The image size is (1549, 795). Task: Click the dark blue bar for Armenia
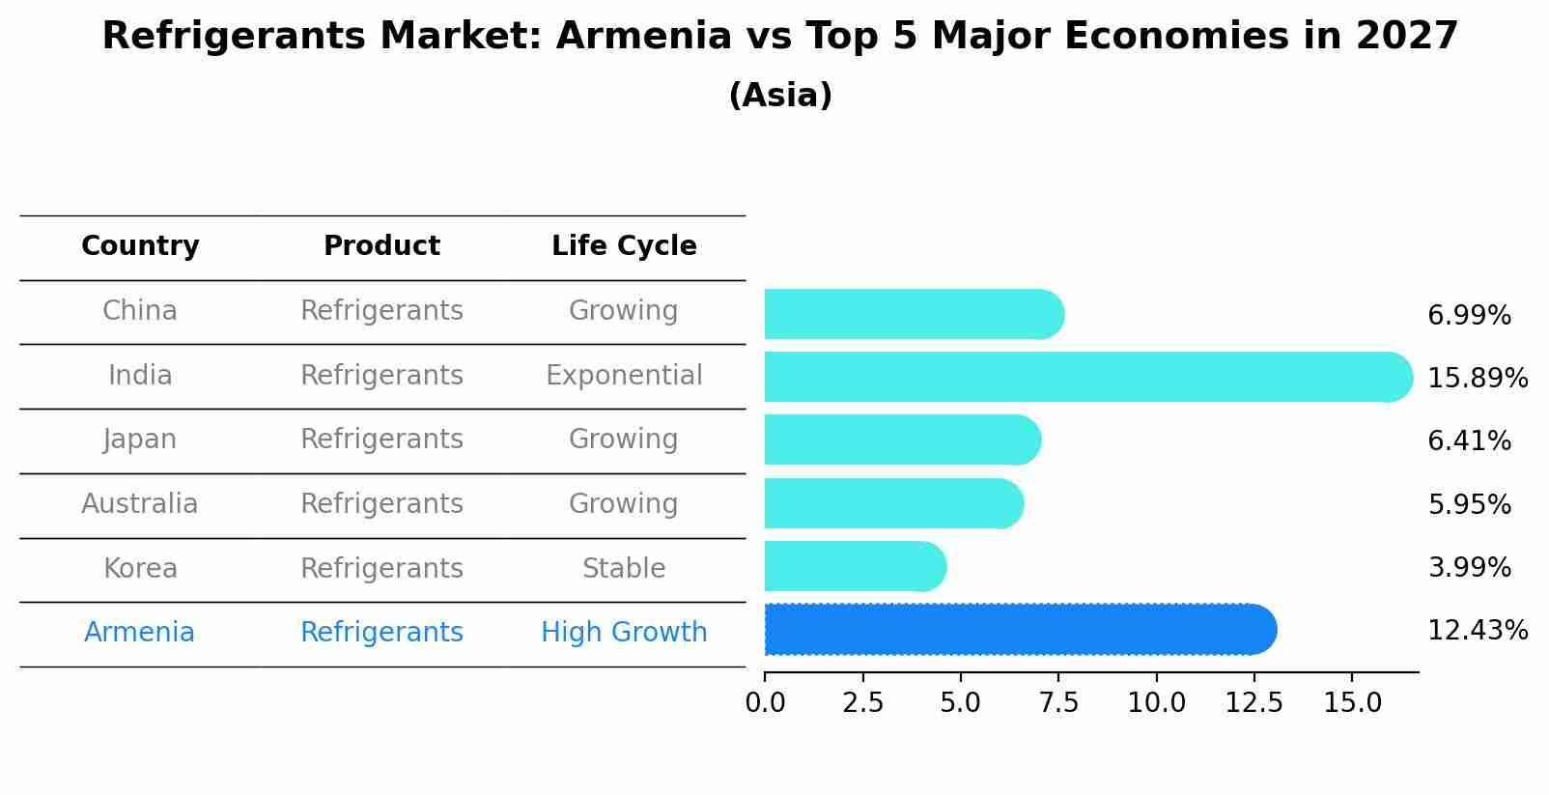pyautogui.click(x=1019, y=630)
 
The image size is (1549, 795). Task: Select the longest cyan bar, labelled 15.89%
pyautogui.click(x=1087, y=377)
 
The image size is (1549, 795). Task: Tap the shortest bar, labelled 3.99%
pyautogui.click(x=855, y=566)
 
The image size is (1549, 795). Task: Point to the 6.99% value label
pyautogui.click(x=1468, y=316)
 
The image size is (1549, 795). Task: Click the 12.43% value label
pyautogui.click(x=1477, y=631)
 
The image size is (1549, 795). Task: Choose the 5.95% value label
pyautogui.click(x=1468, y=504)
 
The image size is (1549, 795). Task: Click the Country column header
pyautogui.click(x=140, y=246)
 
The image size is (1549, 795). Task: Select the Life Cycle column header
pyautogui.click(x=624, y=246)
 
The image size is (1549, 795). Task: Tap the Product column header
pyautogui.click(x=381, y=246)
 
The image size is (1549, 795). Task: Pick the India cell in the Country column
pyautogui.click(x=140, y=376)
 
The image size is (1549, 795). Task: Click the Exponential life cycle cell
pyautogui.click(x=624, y=376)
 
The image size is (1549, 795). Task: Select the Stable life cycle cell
pyautogui.click(x=624, y=569)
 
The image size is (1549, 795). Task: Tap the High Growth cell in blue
pyautogui.click(x=624, y=633)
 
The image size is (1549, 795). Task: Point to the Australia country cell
pyautogui.click(x=140, y=504)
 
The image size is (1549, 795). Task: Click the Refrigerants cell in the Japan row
pyautogui.click(x=381, y=440)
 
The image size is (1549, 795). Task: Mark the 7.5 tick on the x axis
pyautogui.click(x=1058, y=703)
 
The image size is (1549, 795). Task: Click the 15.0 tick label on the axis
pyautogui.click(x=1352, y=703)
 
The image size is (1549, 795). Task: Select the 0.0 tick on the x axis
pyautogui.click(x=765, y=703)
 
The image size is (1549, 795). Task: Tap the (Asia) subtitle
pyautogui.click(x=780, y=96)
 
